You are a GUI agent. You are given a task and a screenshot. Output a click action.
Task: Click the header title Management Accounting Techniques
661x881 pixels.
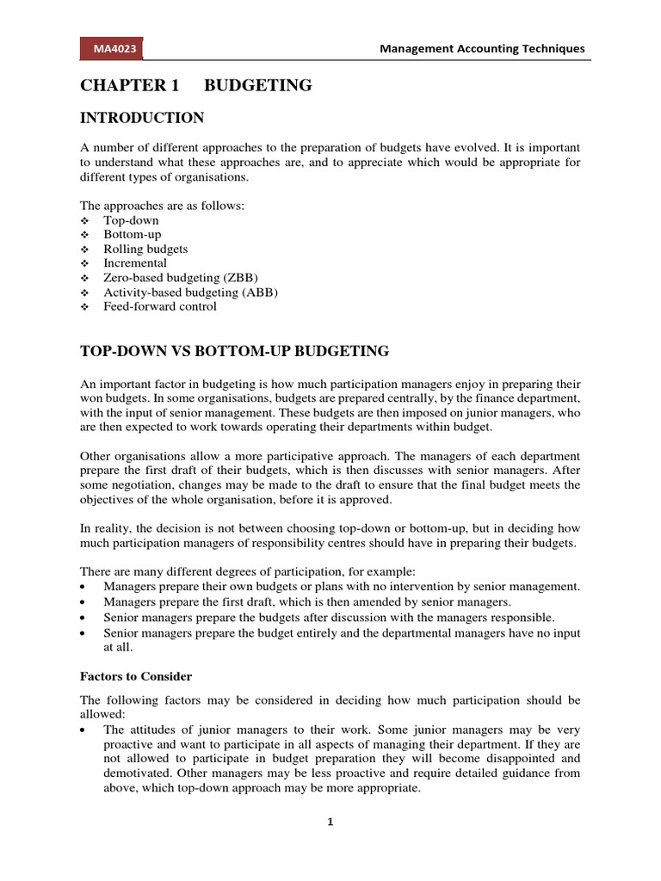click(x=482, y=49)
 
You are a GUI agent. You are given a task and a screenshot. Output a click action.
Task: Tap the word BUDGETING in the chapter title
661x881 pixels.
click(x=257, y=85)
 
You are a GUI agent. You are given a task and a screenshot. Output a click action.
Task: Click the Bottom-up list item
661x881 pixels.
click(x=132, y=234)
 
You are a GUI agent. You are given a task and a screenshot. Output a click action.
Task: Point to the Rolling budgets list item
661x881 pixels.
click(x=145, y=249)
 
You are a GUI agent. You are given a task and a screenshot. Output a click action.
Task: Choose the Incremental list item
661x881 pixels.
click(x=135, y=262)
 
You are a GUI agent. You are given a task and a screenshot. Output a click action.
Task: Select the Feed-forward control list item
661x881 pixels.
click(x=160, y=305)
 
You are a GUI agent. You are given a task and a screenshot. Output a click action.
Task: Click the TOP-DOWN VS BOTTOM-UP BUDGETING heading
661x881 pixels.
click(x=234, y=351)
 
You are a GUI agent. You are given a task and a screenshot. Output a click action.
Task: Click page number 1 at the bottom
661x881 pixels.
click(x=330, y=822)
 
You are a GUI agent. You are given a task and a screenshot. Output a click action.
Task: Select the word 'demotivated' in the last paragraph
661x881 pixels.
click(x=139, y=773)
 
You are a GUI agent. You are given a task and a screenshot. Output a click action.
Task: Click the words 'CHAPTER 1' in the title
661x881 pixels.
click(x=122, y=85)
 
